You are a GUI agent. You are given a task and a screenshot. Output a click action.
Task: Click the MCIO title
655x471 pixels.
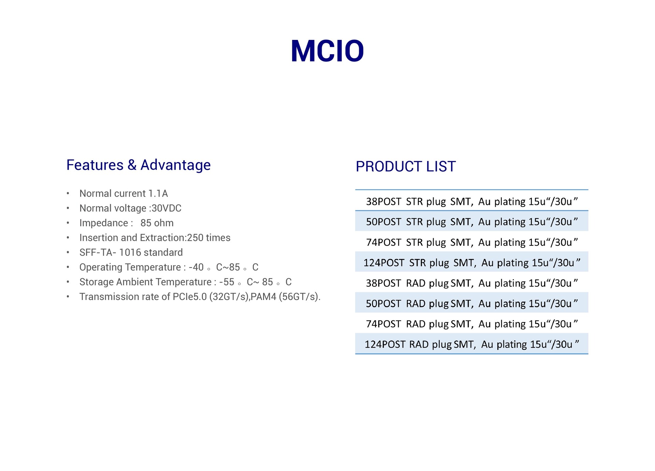pos(327,51)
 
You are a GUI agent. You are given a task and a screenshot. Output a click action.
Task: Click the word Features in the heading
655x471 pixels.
pos(95,165)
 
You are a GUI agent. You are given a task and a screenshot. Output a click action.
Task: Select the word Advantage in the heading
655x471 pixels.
pos(176,166)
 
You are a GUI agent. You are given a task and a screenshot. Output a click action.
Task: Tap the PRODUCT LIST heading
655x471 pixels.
pos(406,167)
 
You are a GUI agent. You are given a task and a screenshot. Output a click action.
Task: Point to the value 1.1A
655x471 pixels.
pos(158,194)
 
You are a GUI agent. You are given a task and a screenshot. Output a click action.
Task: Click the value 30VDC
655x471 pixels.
pos(166,208)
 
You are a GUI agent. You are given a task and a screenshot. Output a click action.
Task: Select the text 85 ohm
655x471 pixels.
pos(157,223)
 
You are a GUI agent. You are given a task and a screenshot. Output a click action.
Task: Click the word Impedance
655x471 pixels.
pos(104,223)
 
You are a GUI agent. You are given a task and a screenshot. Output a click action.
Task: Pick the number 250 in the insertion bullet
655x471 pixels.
pos(195,238)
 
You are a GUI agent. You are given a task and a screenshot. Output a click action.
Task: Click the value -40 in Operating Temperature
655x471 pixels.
pos(196,267)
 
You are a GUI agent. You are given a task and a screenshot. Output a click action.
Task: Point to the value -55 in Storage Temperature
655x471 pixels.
pos(227,282)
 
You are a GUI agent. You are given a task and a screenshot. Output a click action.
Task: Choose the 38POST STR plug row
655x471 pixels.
pos(472,201)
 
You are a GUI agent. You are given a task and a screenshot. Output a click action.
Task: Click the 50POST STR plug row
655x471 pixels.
pos(472,222)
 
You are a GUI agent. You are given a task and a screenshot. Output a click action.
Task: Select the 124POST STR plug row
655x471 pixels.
pos(472,262)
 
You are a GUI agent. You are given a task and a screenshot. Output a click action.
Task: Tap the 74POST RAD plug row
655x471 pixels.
pos(472,324)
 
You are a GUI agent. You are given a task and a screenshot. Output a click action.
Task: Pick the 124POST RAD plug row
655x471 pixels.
pos(472,344)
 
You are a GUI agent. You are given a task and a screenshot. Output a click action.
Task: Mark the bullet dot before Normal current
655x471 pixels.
pos(68,194)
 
